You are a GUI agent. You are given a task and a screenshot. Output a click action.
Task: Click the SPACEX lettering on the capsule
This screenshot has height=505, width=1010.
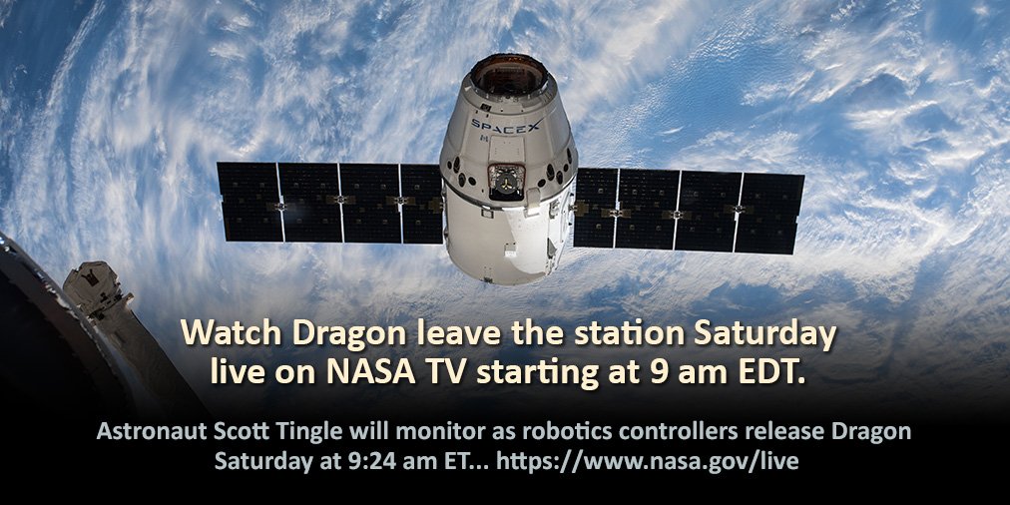coord(507,127)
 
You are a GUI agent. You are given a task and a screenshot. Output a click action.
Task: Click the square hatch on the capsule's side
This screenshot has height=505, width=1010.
coord(506,180)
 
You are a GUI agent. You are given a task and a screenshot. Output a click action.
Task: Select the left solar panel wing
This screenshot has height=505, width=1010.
coord(329,203)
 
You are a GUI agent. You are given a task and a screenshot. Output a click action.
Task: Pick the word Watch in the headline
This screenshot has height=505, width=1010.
coord(230,332)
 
